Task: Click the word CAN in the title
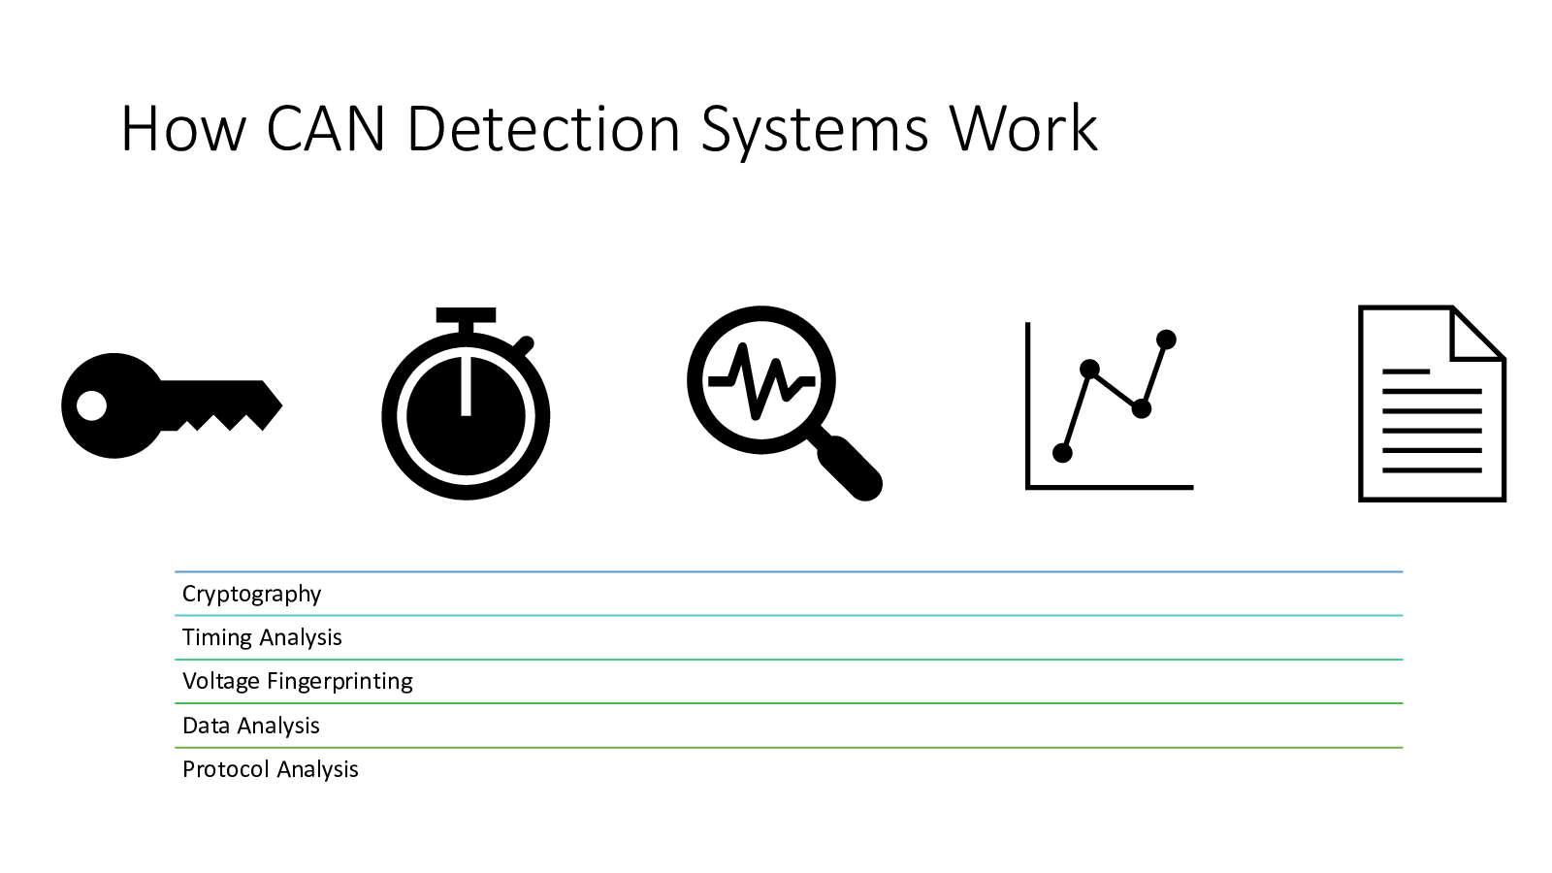pos(326,129)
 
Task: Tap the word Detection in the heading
pos(543,129)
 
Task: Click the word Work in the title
pos(1023,129)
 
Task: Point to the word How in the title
pos(182,129)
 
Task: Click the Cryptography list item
pos(251,594)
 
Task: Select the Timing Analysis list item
pos(262,637)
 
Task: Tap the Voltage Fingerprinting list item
pos(297,681)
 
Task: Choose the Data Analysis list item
pos(250,726)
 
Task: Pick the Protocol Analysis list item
pos(270,769)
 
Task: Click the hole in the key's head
pos(91,405)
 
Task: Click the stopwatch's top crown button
pos(466,316)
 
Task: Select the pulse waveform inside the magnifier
pos(761,379)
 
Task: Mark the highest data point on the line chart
pos(1167,339)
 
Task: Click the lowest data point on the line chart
pos(1062,453)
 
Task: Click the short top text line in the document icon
pos(1406,372)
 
